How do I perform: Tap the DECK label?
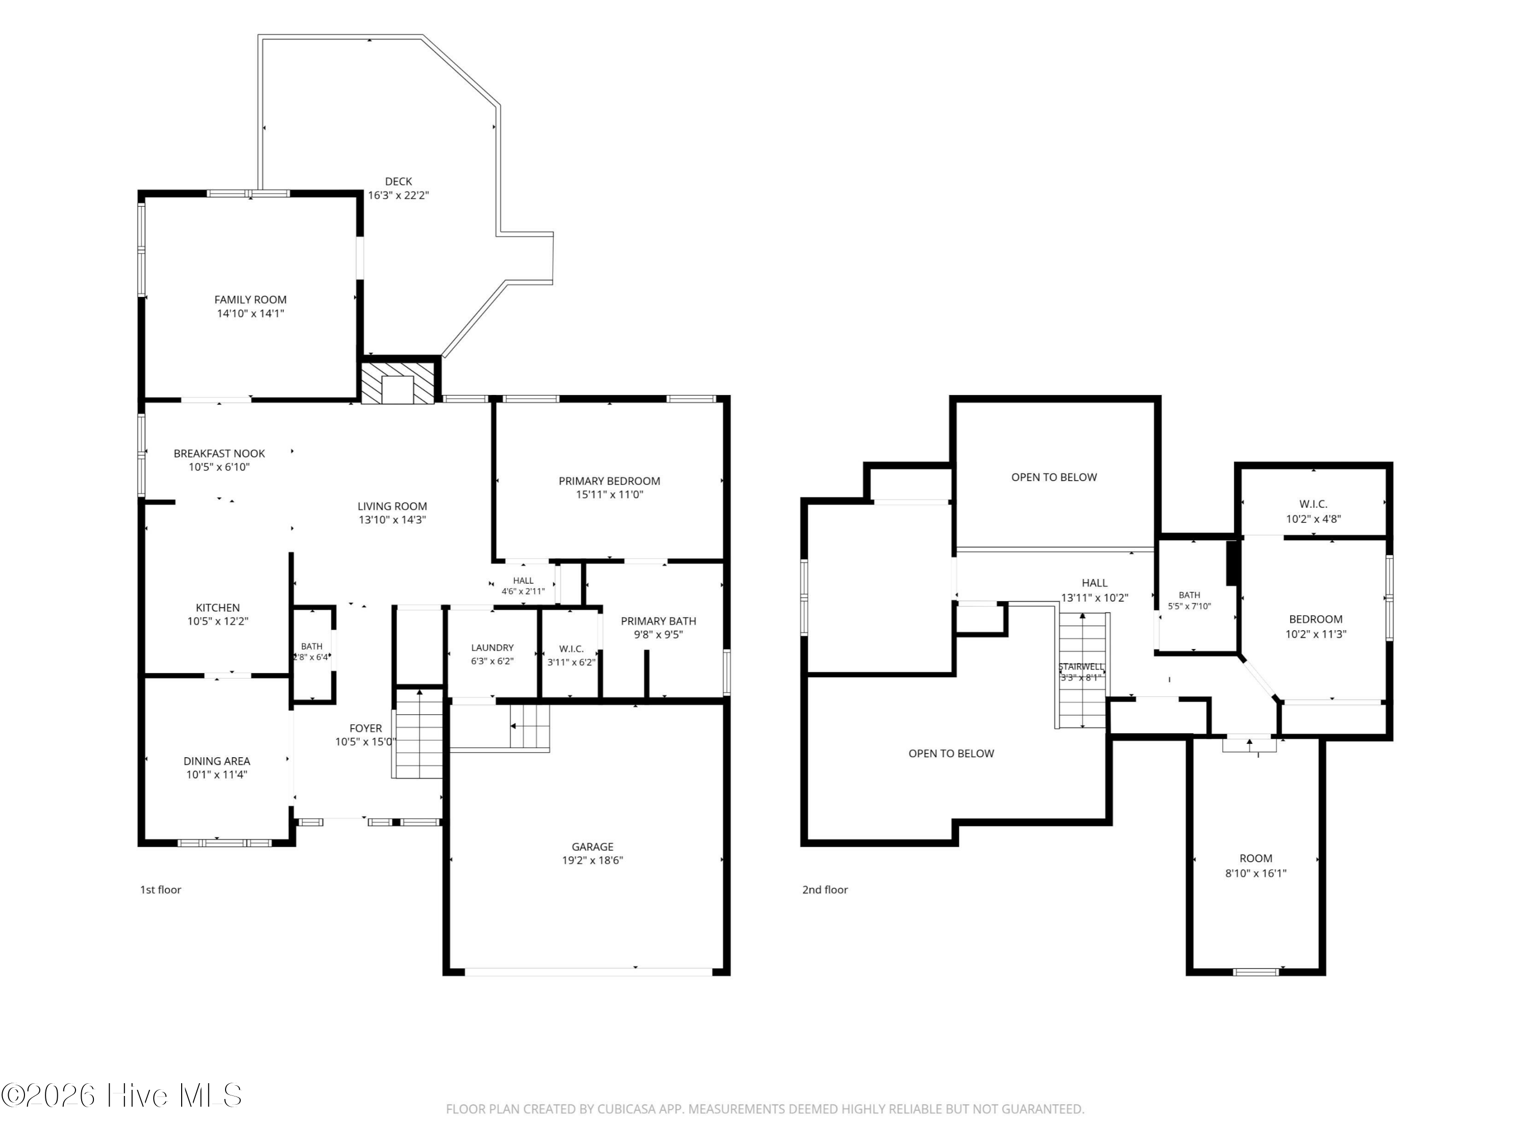(399, 181)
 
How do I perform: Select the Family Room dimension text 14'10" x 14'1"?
(251, 313)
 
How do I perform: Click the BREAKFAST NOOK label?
(219, 453)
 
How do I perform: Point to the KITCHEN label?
(217, 608)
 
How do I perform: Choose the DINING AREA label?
(217, 761)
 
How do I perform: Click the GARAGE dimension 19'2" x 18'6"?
(592, 861)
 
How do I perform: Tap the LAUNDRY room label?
(493, 647)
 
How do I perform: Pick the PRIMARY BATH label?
(658, 621)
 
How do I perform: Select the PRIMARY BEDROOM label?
(610, 481)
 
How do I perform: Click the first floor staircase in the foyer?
(417, 734)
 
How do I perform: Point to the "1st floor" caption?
(161, 890)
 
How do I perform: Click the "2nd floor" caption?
(825, 890)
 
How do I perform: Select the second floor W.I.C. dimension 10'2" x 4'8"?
(1314, 519)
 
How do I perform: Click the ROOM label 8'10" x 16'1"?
(1256, 866)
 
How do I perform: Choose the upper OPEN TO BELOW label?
(1054, 478)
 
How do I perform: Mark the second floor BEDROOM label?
(1316, 620)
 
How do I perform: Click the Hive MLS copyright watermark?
(122, 1095)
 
